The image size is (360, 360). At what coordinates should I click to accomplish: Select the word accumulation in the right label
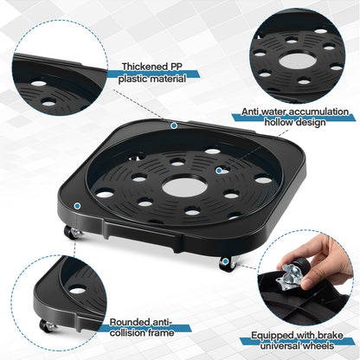(318, 112)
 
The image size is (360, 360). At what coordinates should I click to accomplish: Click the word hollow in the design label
(279, 122)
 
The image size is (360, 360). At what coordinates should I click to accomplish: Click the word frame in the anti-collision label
(161, 332)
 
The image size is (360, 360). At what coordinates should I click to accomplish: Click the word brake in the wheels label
(331, 335)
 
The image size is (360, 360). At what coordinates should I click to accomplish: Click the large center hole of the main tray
(184, 187)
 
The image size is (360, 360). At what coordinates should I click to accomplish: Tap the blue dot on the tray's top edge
(174, 125)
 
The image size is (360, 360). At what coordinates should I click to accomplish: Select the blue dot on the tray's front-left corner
(77, 206)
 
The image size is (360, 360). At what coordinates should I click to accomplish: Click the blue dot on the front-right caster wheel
(225, 261)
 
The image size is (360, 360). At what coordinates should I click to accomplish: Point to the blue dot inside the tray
(219, 170)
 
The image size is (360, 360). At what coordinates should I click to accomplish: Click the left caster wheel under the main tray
(71, 232)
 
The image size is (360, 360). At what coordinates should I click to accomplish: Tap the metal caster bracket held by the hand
(289, 278)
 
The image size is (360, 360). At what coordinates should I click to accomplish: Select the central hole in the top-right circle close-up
(298, 61)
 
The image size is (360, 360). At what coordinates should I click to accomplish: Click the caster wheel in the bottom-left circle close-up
(47, 325)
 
